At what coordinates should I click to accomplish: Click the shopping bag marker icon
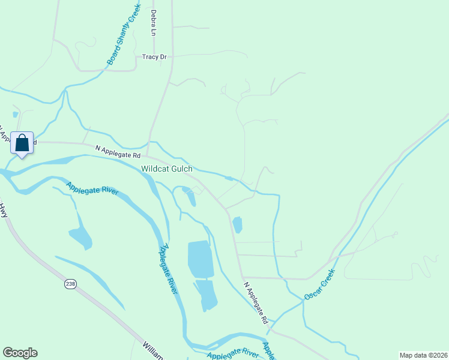click(x=22, y=143)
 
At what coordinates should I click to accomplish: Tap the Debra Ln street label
click(x=154, y=22)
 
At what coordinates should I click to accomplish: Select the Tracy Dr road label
click(x=154, y=57)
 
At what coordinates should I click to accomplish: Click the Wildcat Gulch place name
click(x=167, y=169)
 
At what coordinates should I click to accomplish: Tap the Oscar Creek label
click(x=318, y=285)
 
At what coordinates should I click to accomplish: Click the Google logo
click(x=20, y=353)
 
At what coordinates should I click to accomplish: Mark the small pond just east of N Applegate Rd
click(x=237, y=225)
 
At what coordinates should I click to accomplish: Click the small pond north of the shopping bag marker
click(x=15, y=113)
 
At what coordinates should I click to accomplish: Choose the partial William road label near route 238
click(x=153, y=351)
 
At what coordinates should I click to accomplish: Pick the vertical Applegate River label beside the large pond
click(x=169, y=269)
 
